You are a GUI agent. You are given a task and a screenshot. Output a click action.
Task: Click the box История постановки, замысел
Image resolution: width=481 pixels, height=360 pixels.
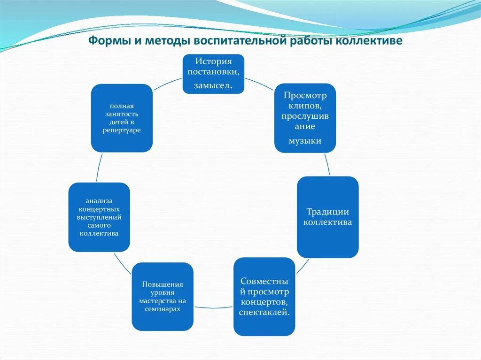(213, 74)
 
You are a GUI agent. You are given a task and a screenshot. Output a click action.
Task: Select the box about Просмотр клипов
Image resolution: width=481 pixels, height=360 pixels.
(305, 118)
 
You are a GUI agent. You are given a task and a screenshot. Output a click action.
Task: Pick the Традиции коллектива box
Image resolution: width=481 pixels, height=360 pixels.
(327, 217)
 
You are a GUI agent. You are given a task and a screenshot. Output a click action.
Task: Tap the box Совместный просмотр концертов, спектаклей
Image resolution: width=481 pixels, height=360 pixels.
(264, 297)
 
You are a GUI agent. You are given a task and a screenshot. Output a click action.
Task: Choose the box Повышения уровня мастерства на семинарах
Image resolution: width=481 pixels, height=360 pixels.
(163, 297)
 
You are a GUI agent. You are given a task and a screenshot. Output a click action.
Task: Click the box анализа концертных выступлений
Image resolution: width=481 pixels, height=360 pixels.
(99, 217)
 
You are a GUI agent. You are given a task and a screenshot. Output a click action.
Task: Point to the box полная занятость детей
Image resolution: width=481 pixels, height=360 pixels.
(122, 118)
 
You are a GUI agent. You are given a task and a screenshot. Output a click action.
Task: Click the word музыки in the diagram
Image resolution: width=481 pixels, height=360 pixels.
(305, 141)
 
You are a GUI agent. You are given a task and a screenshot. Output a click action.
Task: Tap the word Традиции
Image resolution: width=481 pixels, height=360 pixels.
(327, 212)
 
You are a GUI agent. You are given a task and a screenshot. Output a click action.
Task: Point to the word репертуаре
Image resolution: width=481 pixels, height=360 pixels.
(122, 130)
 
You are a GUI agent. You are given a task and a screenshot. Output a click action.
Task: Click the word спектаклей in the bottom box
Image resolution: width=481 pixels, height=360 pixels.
(264, 313)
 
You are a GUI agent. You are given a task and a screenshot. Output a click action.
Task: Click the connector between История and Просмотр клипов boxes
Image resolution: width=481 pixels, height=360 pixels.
(259, 84)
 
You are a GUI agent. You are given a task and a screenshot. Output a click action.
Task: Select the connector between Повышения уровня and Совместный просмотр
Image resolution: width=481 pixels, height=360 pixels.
(213, 307)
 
